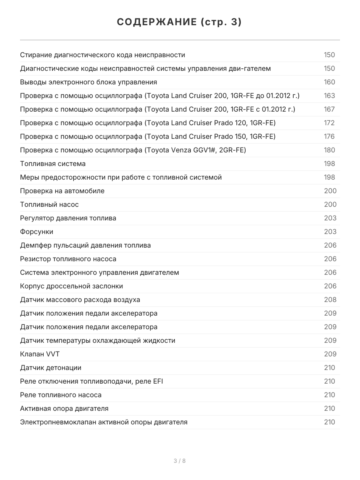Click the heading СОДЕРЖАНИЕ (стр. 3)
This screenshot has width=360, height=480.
point(180,22)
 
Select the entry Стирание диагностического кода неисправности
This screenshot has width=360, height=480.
point(102,55)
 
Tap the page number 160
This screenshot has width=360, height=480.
point(329,82)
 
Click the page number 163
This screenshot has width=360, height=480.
point(329,96)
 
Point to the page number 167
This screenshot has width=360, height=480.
point(329,109)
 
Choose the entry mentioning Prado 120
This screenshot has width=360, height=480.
point(148,123)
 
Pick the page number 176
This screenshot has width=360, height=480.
point(329,136)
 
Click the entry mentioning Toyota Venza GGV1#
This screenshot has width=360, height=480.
point(133,150)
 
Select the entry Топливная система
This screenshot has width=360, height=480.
point(53,164)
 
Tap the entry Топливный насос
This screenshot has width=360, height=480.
point(49,204)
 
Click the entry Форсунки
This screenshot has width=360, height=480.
point(36,232)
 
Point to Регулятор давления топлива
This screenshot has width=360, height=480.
point(68,218)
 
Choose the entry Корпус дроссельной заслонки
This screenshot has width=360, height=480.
point(72,286)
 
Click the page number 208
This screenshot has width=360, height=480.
point(330,300)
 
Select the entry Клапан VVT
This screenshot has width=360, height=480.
point(40,354)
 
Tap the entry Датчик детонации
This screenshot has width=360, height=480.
point(50,368)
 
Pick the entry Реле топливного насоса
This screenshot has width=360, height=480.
point(61,395)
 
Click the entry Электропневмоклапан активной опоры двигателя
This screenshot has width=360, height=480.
point(104,422)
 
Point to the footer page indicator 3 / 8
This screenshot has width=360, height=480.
point(180,461)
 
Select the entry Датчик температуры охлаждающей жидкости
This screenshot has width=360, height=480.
point(98,340)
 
